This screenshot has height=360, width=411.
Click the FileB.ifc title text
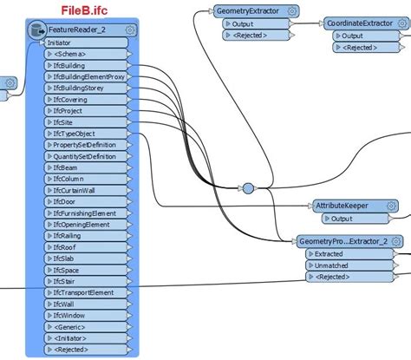[x=85, y=9]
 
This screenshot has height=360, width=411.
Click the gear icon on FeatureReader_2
[x=130, y=29]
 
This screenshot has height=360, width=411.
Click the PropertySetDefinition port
[x=85, y=145]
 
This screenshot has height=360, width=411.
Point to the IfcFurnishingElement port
[x=85, y=213]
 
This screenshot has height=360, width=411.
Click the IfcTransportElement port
[x=84, y=292]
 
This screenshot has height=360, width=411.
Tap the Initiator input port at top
[x=60, y=42]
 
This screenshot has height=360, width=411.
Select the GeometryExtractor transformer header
[x=251, y=10]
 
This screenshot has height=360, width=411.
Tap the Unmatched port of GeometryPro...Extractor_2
[x=333, y=265]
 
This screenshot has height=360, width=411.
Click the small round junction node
[x=247, y=187]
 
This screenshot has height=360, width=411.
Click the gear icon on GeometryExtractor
[x=292, y=10]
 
